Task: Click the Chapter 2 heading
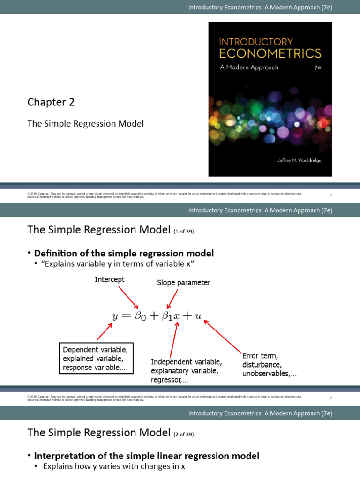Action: (x=51, y=102)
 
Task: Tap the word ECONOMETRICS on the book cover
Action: (x=270, y=53)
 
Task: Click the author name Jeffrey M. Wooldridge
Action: (x=298, y=160)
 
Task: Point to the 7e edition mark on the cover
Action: (x=317, y=67)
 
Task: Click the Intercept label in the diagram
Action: (x=110, y=279)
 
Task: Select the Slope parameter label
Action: (x=183, y=283)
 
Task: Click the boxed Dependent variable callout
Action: (x=95, y=359)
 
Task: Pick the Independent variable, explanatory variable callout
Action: (x=186, y=371)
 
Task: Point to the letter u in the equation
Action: (x=198, y=316)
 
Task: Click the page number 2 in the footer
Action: (x=331, y=398)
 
